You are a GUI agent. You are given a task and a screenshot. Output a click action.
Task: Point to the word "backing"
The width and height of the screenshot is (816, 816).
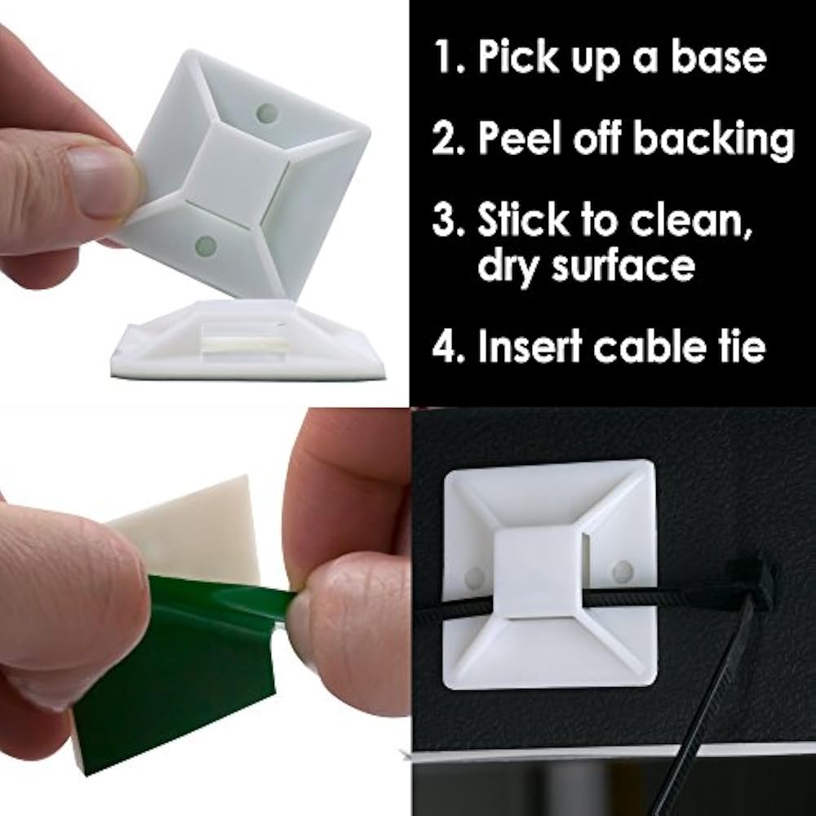[x=713, y=140]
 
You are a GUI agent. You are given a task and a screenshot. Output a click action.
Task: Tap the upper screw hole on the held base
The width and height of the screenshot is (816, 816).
[x=264, y=113]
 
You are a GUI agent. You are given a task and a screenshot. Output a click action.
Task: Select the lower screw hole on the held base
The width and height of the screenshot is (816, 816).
[x=206, y=244]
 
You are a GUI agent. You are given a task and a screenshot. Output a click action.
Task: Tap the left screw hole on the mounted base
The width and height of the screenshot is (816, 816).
[x=475, y=579]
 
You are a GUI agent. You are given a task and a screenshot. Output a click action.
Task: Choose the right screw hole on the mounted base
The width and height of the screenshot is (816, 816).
[x=623, y=569]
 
